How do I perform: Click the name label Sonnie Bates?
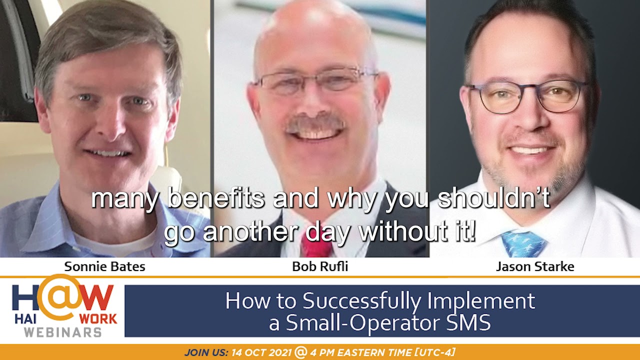(x=104, y=267)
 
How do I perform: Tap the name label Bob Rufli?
(x=320, y=267)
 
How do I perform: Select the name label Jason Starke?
(x=535, y=267)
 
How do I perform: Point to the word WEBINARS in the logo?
(x=62, y=332)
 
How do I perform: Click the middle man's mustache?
(x=315, y=123)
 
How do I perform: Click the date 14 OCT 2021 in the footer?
(x=261, y=352)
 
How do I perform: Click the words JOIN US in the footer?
(x=206, y=352)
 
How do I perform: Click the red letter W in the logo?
(x=95, y=297)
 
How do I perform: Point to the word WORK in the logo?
(x=98, y=319)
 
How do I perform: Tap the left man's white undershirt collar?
(x=114, y=244)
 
